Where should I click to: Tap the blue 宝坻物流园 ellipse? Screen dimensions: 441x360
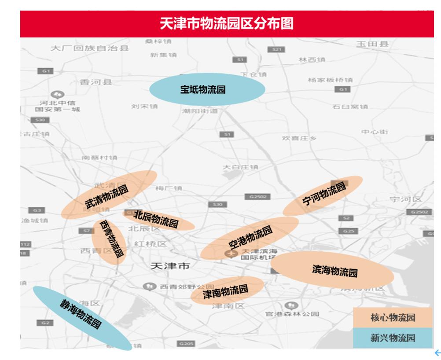[x=207, y=89]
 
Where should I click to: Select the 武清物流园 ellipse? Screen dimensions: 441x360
[x=108, y=195]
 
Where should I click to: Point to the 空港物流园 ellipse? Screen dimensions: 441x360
[x=250, y=238]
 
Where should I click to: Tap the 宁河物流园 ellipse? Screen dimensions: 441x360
[x=323, y=195]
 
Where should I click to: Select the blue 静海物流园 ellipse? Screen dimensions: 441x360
[x=81, y=318]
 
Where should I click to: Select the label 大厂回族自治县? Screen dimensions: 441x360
[x=90, y=48]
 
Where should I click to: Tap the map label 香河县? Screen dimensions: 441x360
[x=96, y=82]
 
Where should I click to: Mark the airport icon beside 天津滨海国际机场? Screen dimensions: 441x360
[x=229, y=253]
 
